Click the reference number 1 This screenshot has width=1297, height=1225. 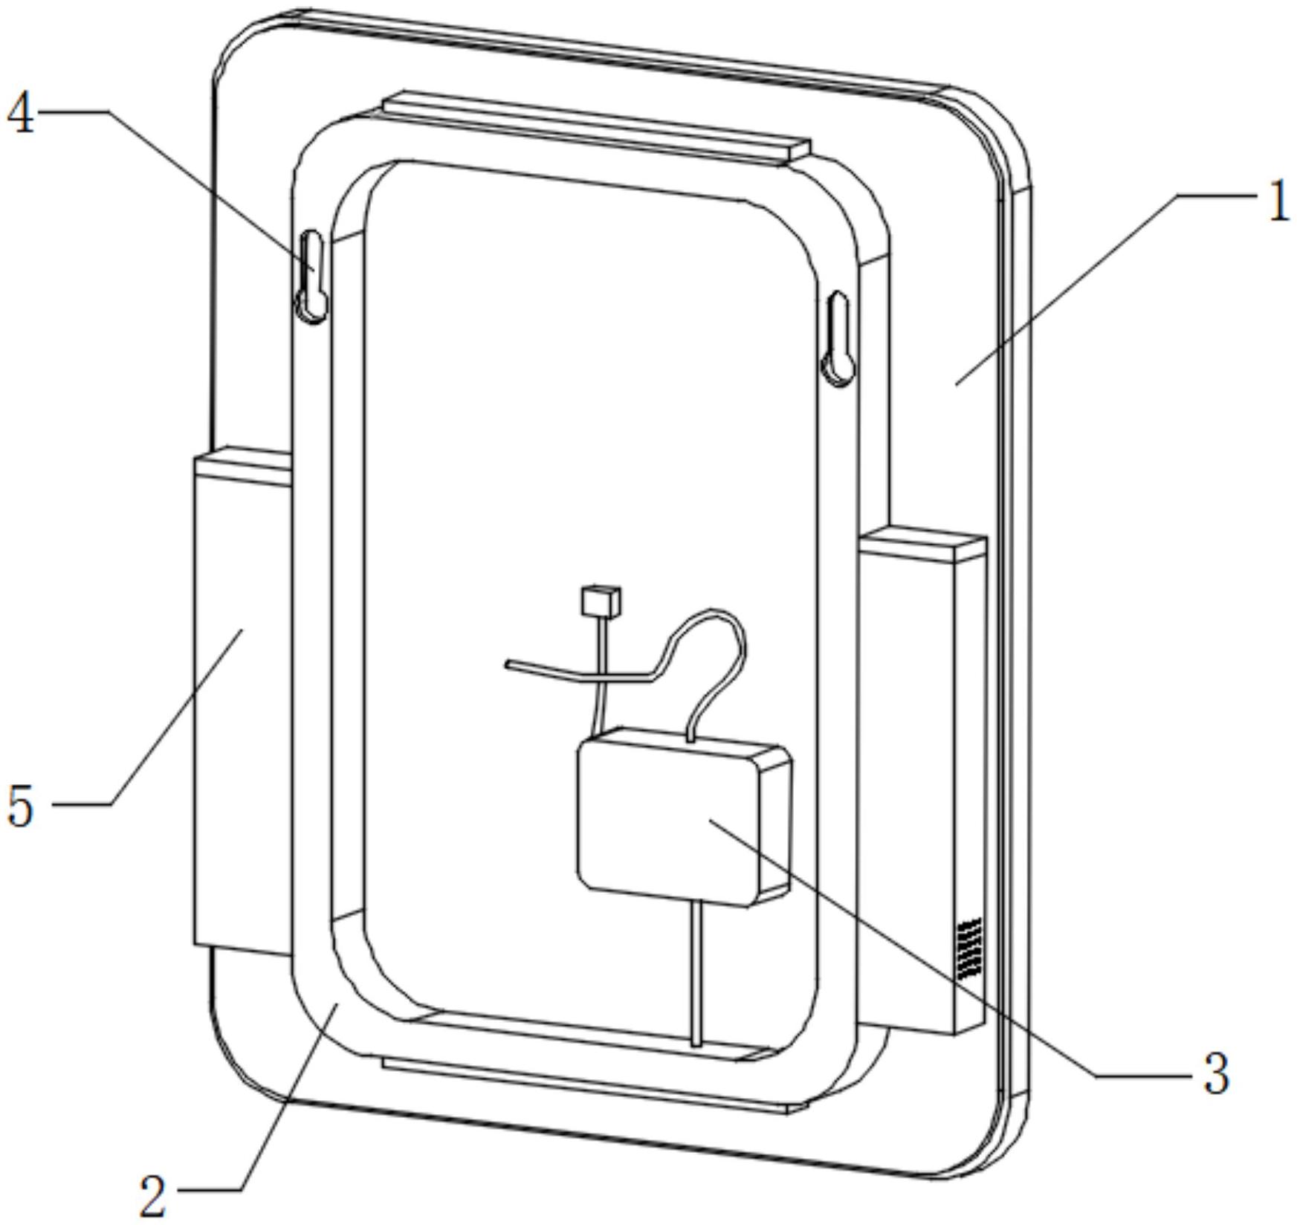tap(1277, 202)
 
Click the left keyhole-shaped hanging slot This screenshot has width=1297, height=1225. tap(312, 277)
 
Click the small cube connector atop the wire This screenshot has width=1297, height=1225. tap(601, 601)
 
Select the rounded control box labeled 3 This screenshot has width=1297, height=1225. tap(669, 818)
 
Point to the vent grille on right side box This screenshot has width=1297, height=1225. tap(970, 948)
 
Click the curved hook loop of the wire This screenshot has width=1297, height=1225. tap(710, 639)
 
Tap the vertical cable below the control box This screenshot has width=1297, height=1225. tap(696, 974)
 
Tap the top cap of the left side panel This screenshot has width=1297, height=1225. tap(242, 465)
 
